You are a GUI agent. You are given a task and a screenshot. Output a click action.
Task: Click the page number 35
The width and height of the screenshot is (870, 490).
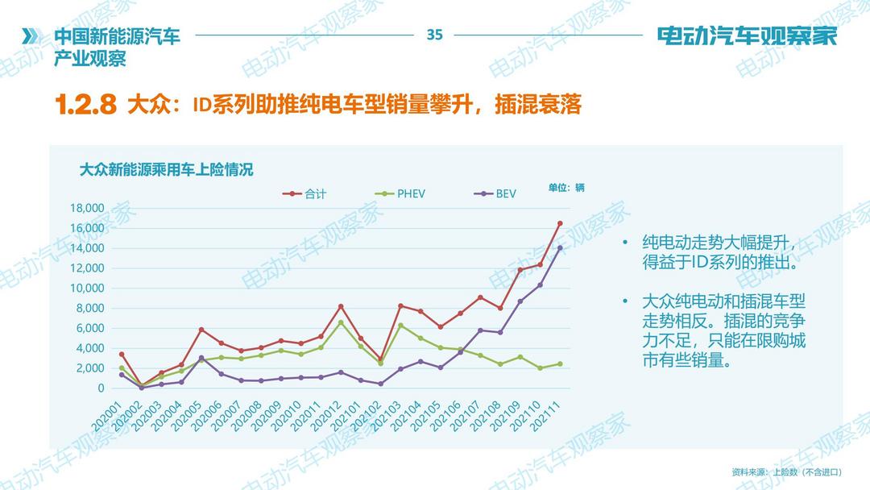tap(435, 35)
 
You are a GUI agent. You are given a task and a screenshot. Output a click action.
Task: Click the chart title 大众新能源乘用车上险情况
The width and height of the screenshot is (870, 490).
tap(166, 169)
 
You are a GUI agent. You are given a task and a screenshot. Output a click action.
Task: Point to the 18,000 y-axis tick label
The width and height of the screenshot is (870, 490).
tap(88, 208)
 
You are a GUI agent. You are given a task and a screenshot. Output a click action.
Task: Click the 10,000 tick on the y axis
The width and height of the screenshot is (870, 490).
tap(88, 288)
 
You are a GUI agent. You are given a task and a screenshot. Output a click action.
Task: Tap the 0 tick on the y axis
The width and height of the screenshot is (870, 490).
tap(101, 388)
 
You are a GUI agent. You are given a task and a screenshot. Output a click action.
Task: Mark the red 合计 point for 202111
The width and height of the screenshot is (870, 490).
tap(560, 223)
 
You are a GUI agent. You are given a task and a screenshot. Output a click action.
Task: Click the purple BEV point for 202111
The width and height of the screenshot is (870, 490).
tap(560, 247)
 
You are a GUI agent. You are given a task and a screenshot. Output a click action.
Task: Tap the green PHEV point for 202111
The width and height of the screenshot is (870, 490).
tap(560, 363)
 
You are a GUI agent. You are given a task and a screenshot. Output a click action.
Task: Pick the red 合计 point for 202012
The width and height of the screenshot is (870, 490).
tap(341, 306)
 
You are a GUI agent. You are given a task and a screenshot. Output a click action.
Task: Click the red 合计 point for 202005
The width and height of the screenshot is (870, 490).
tap(201, 330)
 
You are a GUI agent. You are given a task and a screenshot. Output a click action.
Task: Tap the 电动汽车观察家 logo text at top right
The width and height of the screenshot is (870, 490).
tap(747, 35)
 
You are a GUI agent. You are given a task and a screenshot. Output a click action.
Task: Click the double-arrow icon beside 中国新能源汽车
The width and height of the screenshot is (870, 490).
tap(31, 36)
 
